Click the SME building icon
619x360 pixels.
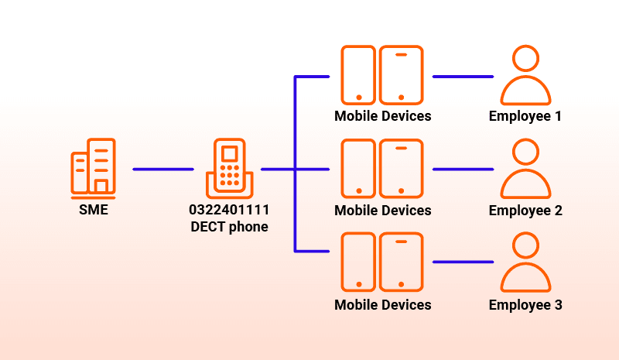[x=93, y=168]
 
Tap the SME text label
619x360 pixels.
[x=94, y=210]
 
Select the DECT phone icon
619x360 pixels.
[x=229, y=168]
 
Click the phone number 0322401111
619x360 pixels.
[x=229, y=210]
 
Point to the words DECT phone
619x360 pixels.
[x=229, y=227]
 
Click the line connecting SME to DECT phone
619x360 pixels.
[x=163, y=169]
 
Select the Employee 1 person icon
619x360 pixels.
[x=525, y=75]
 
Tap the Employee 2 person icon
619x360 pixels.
[x=525, y=168]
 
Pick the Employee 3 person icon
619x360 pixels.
[x=525, y=262]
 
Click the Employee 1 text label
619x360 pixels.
[x=525, y=117]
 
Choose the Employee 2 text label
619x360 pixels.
[x=525, y=211]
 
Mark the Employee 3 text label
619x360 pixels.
[x=525, y=306]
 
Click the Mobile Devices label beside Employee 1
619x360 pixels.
[x=383, y=116]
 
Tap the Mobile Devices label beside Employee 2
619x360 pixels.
[x=383, y=211]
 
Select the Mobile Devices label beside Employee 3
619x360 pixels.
[x=383, y=305]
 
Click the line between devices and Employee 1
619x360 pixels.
[x=463, y=77]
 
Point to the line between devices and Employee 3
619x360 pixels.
[x=463, y=262]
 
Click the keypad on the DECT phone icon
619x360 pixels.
[x=230, y=175]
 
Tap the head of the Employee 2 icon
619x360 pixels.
[x=526, y=152]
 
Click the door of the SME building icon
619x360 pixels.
[x=101, y=186]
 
